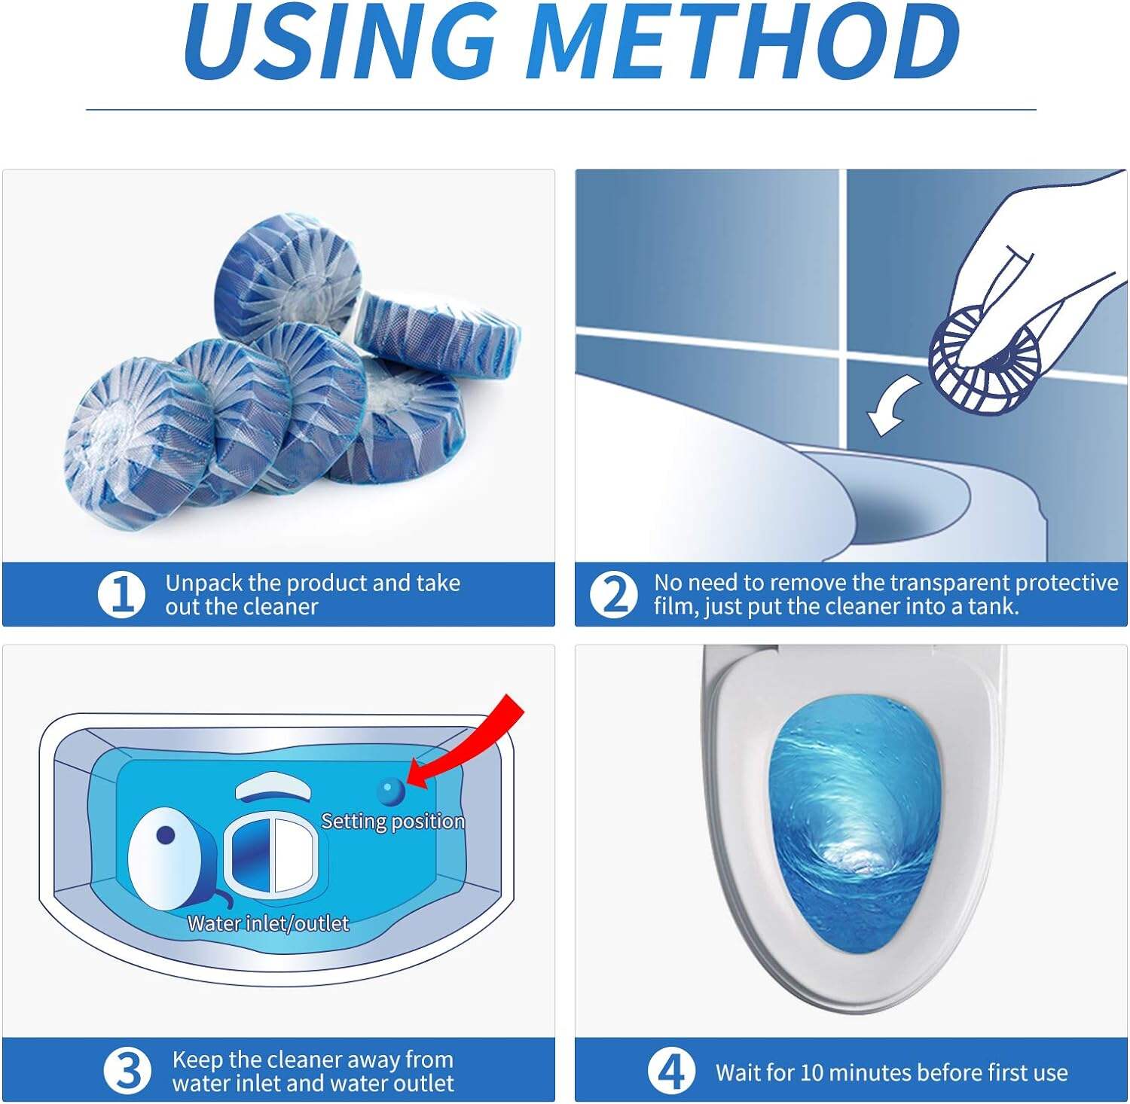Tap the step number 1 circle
pyautogui.click(x=121, y=594)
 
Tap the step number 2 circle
pyautogui.click(x=613, y=594)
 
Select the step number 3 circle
pyautogui.click(x=127, y=1070)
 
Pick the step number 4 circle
pyautogui.click(x=670, y=1070)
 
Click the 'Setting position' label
pyautogui.click(x=392, y=821)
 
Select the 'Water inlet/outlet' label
pyautogui.click(x=268, y=923)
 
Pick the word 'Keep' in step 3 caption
pyautogui.click(x=197, y=1060)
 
